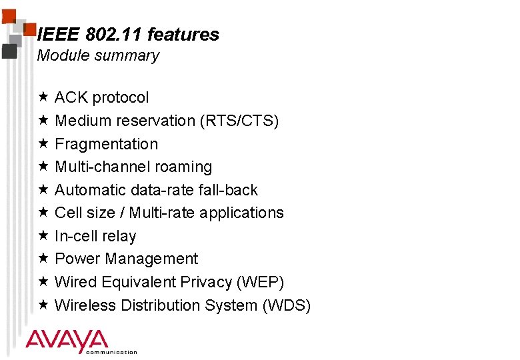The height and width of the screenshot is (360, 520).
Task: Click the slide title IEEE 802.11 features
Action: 129,35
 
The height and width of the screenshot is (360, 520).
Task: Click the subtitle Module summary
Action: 98,56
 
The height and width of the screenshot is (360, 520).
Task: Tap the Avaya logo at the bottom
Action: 67,341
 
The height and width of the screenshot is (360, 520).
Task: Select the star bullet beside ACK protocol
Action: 42,97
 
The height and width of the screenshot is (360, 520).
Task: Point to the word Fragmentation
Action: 107,144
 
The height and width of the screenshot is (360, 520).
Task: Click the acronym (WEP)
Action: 261,282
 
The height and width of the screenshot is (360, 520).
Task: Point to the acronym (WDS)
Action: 287,305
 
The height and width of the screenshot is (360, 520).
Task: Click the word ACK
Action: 71,97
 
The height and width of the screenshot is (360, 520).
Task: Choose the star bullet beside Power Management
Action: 42,259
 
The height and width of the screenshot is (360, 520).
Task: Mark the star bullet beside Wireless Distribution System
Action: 42,305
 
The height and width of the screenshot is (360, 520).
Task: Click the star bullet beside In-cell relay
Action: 42,236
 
